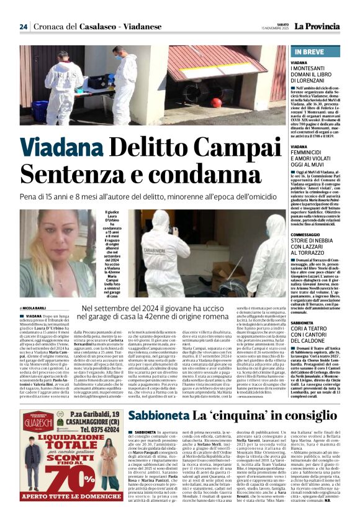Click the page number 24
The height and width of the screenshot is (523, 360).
(x=23, y=27)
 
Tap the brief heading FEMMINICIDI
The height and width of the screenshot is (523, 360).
(x=310, y=152)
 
